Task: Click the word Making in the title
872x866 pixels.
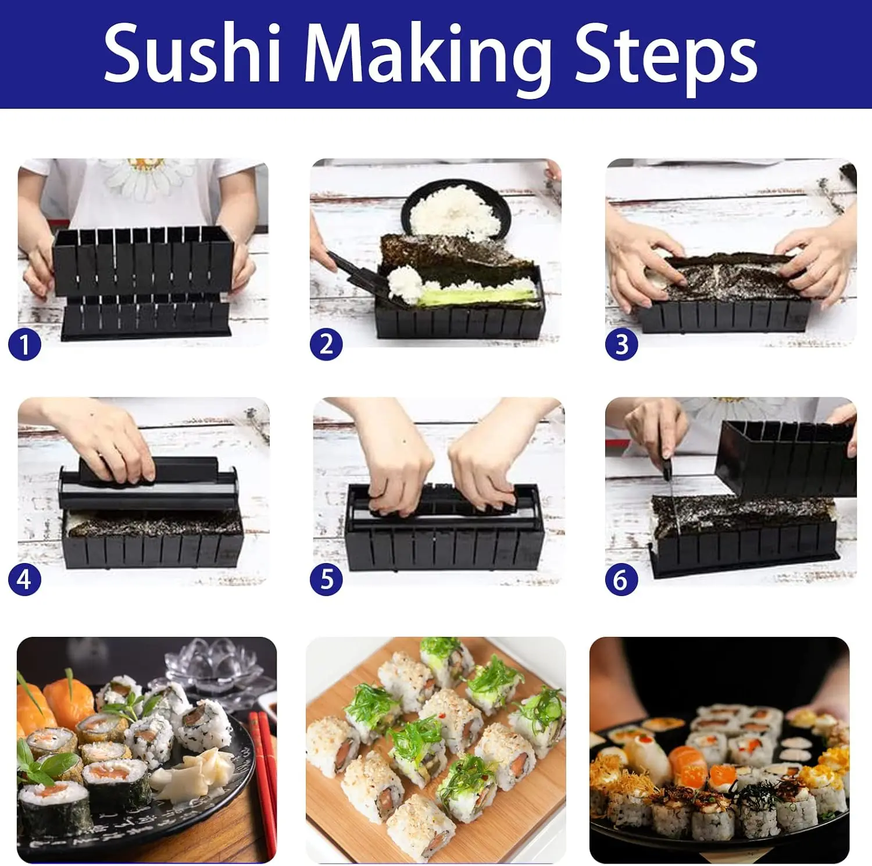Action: point(428,58)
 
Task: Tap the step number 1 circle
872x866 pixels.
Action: point(24,345)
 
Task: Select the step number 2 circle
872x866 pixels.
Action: point(326,344)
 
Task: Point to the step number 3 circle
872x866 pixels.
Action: point(621,344)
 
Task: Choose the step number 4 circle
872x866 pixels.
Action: point(24,579)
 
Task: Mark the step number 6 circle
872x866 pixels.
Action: point(621,579)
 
